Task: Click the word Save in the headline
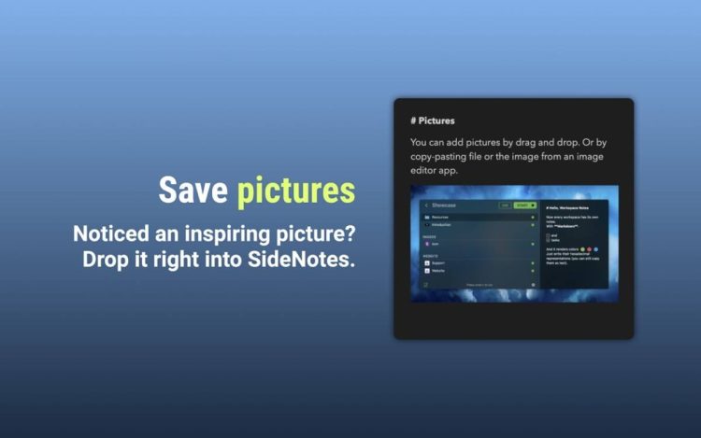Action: click(193, 190)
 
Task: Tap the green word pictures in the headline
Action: click(295, 190)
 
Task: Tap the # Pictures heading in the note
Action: click(433, 120)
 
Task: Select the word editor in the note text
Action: click(427, 171)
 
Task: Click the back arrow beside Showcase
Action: click(426, 205)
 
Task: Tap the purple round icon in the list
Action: click(427, 243)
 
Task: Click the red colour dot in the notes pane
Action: click(589, 250)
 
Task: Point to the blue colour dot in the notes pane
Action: click(597, 250)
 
